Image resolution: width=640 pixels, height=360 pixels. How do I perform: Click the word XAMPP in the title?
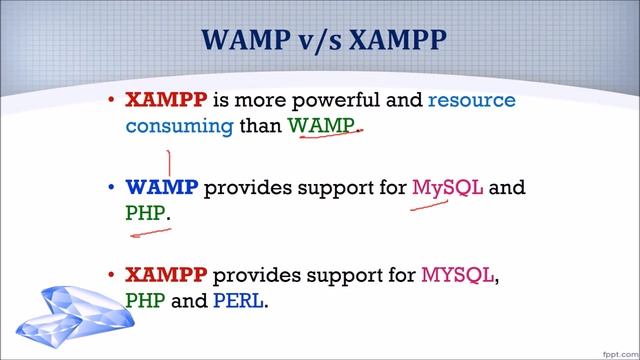[x=394, y=42]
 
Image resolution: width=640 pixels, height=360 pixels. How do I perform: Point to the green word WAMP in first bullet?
[x=322, y=126]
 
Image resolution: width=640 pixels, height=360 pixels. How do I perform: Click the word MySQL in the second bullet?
[x=448, y=187]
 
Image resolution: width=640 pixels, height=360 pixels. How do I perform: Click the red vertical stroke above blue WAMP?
[x=170, y=162]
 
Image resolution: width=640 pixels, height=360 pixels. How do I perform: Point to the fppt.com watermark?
[x=613, y=351]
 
